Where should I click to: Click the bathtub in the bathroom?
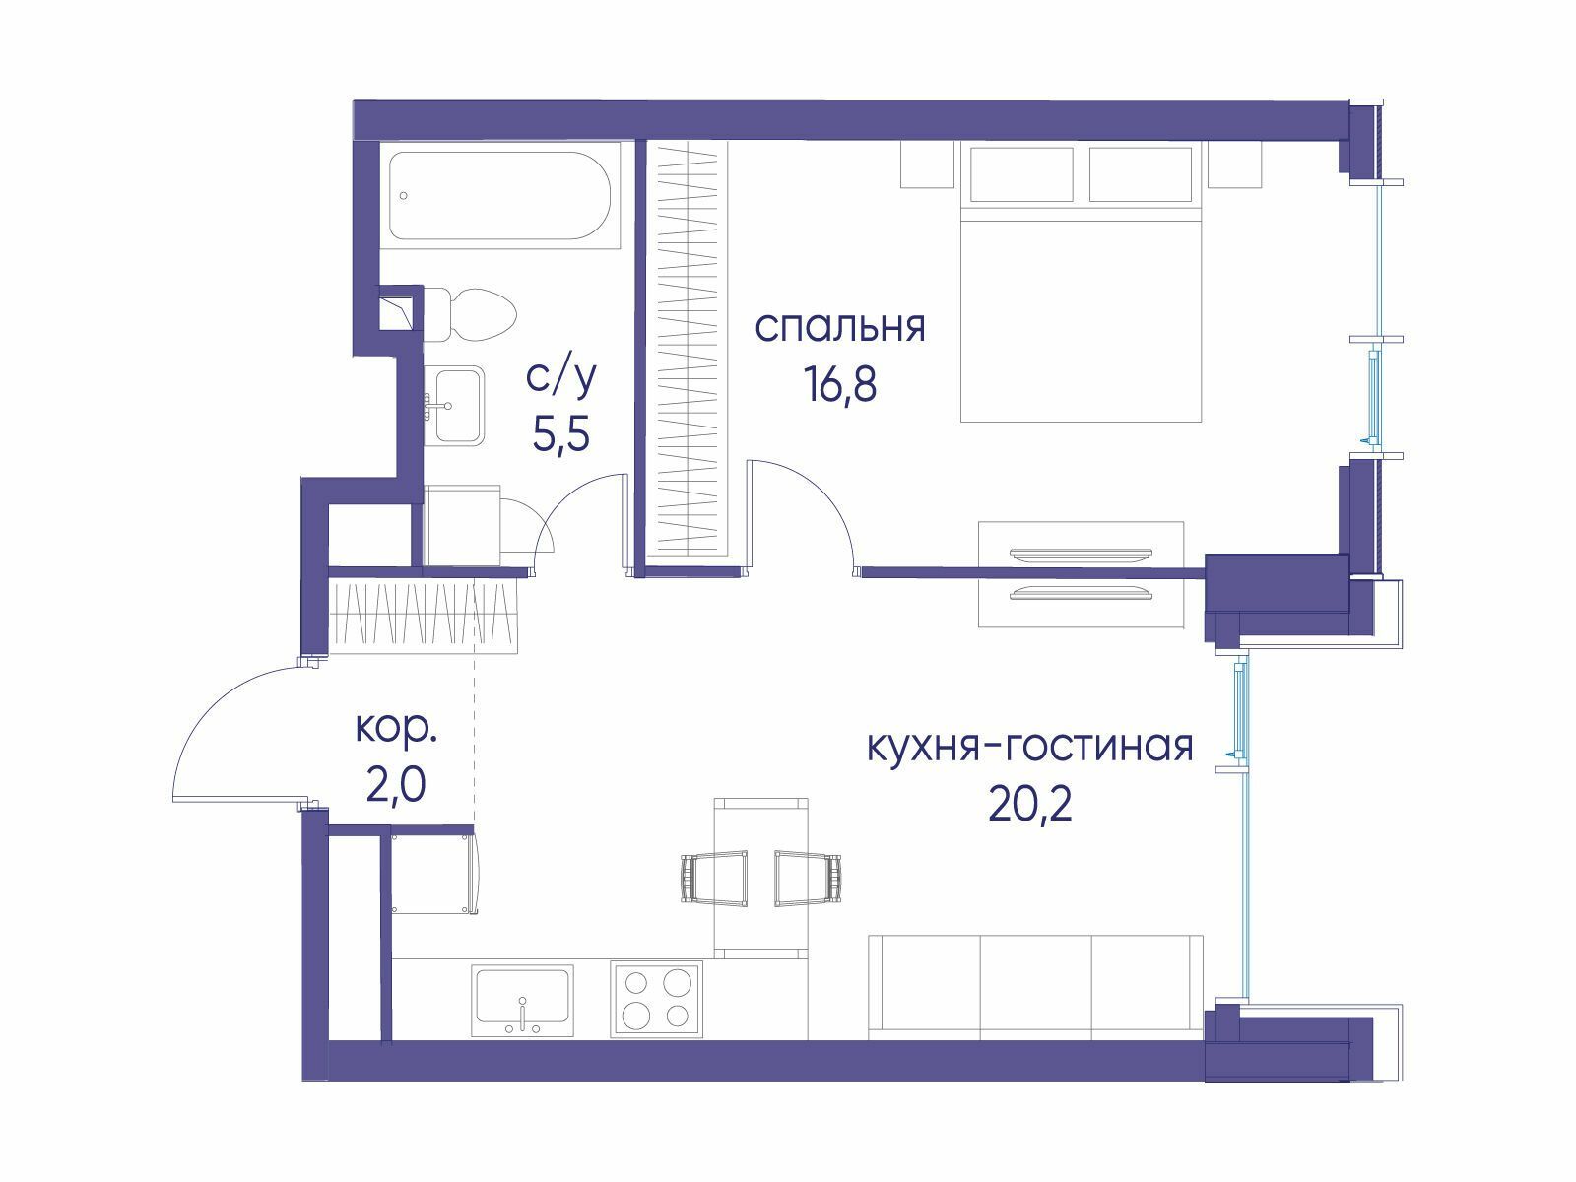coord(499,195)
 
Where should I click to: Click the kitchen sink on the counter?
coord(523,1001)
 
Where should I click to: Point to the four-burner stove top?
coord(656,998)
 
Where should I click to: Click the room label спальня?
coord(840,328)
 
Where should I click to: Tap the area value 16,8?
coord(841,384)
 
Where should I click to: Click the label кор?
coord(396,731)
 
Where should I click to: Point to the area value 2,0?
coord(396,784)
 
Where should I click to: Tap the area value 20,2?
coord(1030,804)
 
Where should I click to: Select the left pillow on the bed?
coord(1021,174)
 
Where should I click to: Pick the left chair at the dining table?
coord(713,879)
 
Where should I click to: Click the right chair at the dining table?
coord(808,879)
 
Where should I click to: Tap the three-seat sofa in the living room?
coord(1035,987)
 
